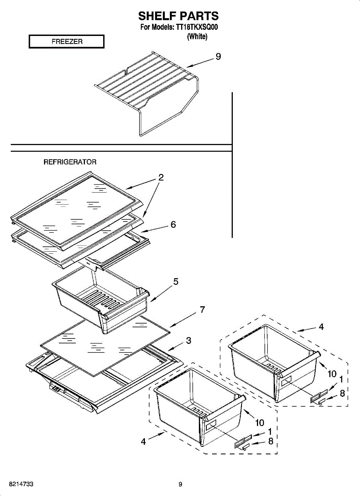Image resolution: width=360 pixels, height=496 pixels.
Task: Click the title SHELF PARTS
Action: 179,16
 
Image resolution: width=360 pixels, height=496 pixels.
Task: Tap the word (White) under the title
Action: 197,36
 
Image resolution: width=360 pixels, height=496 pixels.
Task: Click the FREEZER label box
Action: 67,41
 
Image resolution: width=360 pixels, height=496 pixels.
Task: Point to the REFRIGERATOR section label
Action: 70,162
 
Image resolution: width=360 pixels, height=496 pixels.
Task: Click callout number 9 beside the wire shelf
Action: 218,57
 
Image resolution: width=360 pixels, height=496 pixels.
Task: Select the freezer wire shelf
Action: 147,93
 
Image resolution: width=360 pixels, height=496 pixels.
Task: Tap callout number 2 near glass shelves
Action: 161,177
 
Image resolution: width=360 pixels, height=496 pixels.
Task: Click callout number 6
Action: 173,224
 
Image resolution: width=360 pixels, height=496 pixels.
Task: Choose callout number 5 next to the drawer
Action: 176,281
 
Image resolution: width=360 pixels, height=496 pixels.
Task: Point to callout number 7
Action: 202,309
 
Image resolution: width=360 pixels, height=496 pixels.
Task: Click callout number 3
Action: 188,340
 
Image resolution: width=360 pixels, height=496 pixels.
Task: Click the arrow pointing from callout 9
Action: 201,63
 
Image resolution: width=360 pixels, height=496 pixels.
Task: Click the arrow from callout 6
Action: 154,229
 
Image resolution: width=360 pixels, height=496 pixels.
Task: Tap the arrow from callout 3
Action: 176,346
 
